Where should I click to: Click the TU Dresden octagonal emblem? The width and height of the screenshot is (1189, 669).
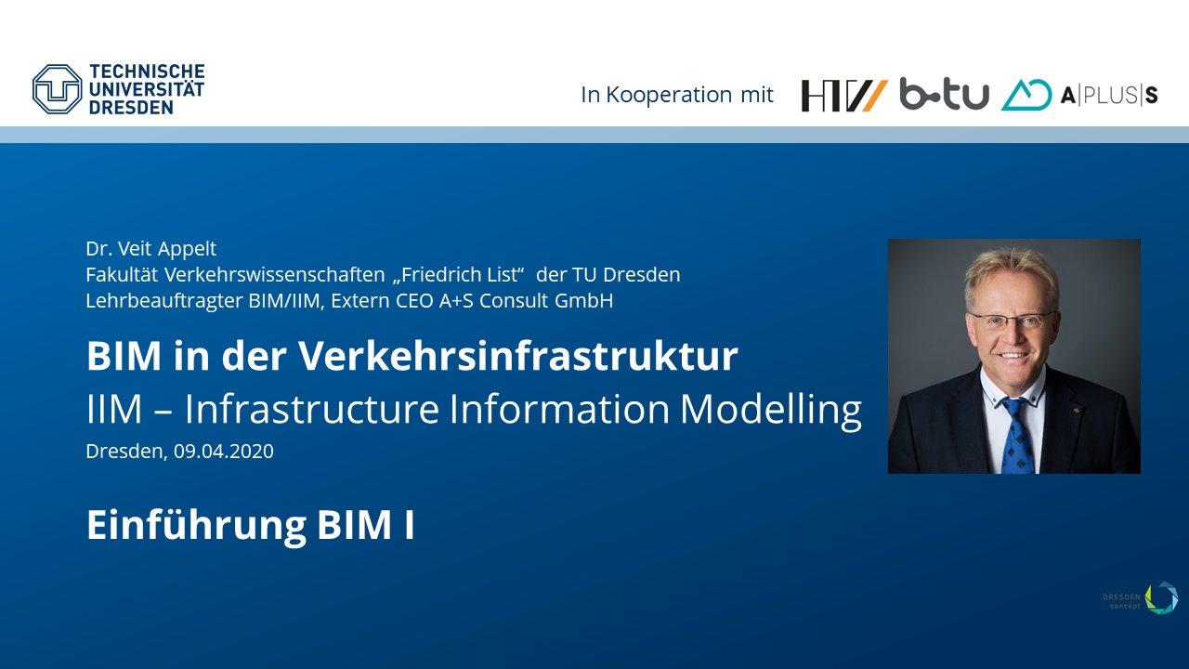click(58, 89)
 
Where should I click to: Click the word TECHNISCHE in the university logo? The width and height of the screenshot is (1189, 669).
click(147, 72)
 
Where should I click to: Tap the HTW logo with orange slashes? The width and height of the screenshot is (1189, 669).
click(844, 96)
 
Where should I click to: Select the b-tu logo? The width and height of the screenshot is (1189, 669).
click(945, 94)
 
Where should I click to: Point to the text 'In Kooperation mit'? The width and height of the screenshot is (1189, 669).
click(677, 95)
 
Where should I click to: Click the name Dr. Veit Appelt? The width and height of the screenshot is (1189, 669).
click(151, 248)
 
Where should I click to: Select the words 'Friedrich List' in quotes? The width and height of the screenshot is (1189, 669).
click(459, 275)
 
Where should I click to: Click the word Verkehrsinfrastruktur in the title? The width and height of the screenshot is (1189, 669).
click(518, 356)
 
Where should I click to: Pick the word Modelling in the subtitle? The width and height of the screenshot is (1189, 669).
click(771, 410)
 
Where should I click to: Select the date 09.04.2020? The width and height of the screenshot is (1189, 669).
click(224, 452)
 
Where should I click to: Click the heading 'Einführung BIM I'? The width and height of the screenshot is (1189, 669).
click(251, 525)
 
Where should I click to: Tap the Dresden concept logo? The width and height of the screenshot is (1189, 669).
click(1140, 598)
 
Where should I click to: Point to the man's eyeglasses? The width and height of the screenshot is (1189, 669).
click(1012, 321)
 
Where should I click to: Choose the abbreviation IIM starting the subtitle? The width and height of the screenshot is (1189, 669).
click(114, 410)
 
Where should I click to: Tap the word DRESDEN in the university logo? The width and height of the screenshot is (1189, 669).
click(131, 108)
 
